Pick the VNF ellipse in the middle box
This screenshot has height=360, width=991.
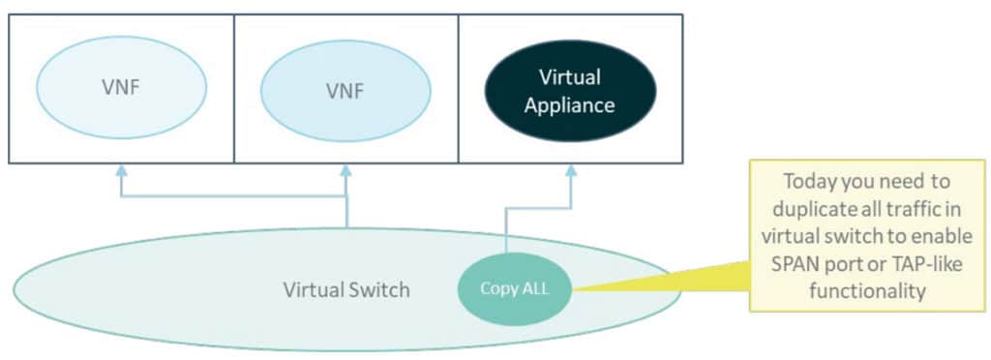coord(345,91)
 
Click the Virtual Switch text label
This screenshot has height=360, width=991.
coord(345,289)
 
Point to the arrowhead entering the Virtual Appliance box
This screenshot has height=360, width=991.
coord(570,170)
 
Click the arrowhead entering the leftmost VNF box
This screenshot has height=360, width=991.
coord(122,170)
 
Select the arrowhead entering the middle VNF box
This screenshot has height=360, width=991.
coord(345,170)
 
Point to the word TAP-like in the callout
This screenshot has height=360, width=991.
coord(917,262)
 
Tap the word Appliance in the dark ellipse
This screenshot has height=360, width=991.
coord(569,105)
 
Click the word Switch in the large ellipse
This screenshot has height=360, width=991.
coord(383,289)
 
